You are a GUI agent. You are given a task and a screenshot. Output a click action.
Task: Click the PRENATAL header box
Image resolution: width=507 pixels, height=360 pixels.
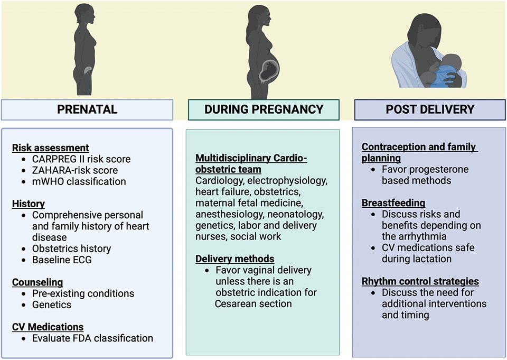87,109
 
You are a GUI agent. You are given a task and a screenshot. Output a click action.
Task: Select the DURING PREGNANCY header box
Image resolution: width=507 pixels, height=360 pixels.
264,109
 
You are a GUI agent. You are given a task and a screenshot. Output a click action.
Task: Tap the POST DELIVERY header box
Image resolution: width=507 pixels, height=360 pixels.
429,109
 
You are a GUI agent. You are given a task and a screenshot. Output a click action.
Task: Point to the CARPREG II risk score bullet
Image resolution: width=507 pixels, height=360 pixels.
81,159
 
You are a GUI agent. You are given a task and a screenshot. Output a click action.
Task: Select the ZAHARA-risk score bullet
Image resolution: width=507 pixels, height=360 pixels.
74,170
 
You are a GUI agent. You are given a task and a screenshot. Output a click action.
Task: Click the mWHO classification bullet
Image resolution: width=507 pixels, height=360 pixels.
79,181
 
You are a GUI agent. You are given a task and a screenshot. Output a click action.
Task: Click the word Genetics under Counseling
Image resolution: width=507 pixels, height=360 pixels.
51,304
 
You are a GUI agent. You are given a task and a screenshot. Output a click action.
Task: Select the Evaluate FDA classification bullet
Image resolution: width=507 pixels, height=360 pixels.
92,338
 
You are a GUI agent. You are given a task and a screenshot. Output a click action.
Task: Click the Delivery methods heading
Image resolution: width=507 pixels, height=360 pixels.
235,259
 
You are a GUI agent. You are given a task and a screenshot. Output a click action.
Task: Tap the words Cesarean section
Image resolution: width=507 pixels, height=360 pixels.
253,304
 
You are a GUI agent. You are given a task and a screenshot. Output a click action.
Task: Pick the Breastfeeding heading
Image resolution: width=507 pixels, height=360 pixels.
393,202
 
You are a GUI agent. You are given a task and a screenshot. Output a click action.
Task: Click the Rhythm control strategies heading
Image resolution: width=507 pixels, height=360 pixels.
420,281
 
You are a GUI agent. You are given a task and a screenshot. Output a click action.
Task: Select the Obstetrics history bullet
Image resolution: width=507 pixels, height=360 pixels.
71,248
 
